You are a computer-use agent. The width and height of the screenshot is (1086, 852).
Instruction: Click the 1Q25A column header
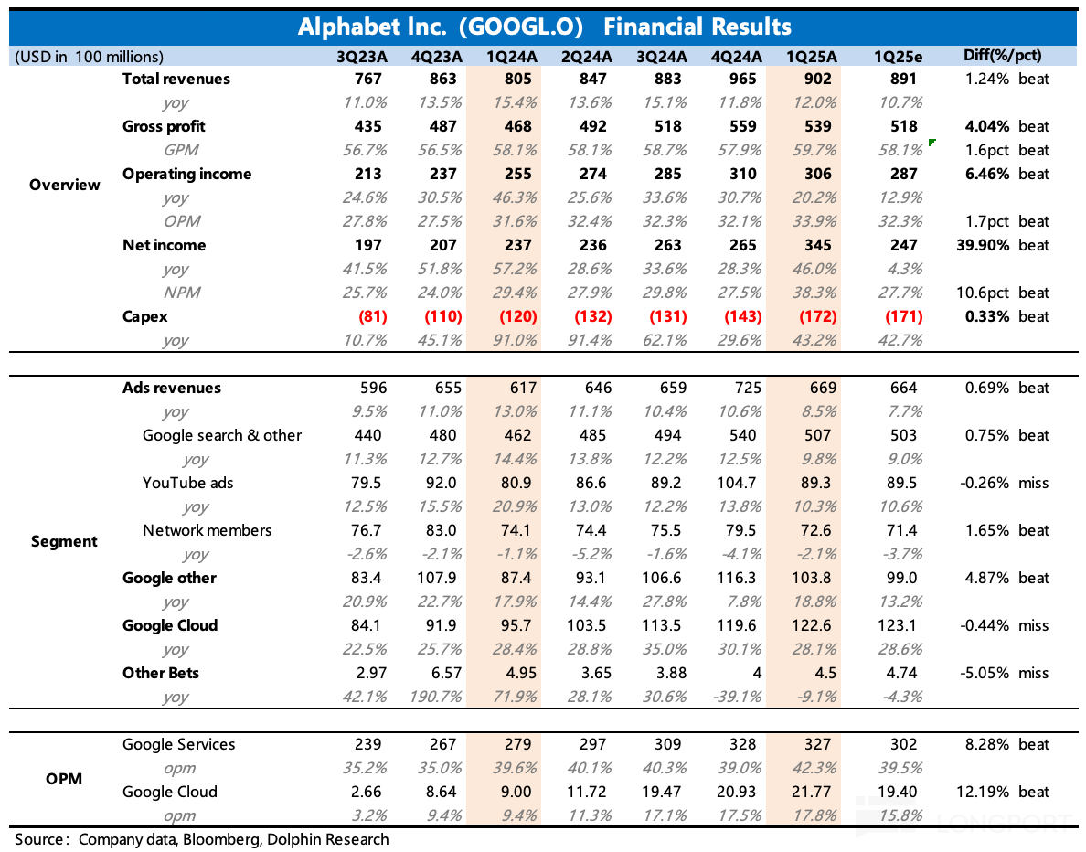(811, 56)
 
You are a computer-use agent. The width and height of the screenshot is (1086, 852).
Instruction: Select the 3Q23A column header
(363, 56)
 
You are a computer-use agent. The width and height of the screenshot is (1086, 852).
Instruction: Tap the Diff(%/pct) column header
(1002, 56)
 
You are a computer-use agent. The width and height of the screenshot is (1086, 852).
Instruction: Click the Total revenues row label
(176, 79)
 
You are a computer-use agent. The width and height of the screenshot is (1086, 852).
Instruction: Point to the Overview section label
(65, 185)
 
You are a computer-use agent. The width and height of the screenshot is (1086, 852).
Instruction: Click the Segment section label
(65, 541)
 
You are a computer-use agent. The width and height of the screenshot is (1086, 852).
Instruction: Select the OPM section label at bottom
(65, 779)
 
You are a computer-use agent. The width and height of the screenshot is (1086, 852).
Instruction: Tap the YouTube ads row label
(187, 483)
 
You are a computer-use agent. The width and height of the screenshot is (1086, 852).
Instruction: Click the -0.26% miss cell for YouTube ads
(1006, 483)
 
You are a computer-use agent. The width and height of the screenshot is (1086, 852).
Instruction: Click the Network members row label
(208, 530)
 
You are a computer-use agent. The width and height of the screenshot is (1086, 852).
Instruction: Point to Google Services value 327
(816, 744)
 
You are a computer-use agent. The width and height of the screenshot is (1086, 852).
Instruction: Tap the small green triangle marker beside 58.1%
(932, 143)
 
